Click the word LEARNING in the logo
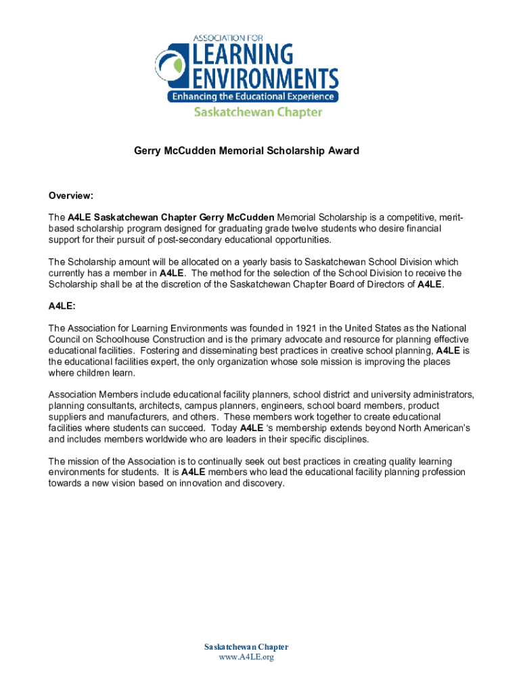pos(242,53)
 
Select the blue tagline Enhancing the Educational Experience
pos(252,97)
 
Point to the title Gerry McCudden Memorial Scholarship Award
pos(246,151)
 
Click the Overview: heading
pos(70,196)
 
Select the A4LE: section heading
pos(62,306)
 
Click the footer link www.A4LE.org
pos(246,657)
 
